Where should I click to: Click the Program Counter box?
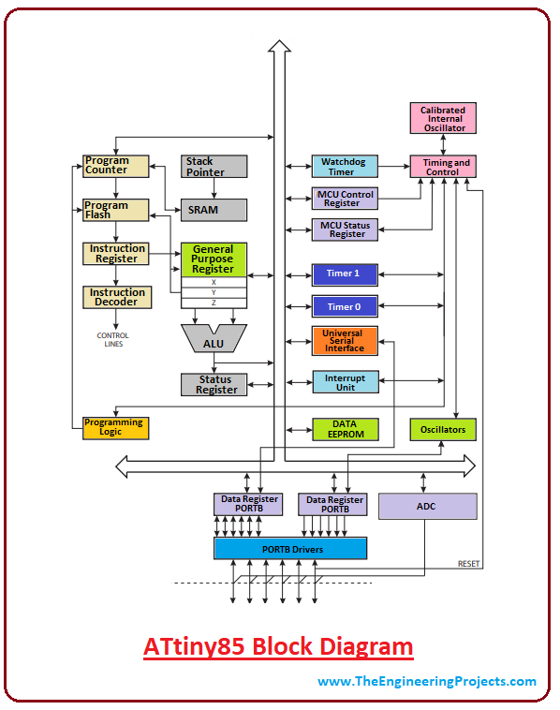116,166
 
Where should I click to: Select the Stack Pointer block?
214,166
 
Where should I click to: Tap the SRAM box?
214,210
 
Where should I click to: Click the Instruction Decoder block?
117,298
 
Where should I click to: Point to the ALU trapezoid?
214,338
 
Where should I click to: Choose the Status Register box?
214,385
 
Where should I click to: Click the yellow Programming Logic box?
116,428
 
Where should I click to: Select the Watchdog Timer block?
345,166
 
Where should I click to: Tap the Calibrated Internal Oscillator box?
443,118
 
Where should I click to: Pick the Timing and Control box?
443,166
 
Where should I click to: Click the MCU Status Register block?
345,229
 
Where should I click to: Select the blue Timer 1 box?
345,274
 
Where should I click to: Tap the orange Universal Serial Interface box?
345,341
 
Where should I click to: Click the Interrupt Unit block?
346,382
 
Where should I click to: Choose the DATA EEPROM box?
346,429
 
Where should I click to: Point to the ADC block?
428,506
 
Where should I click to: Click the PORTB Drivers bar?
290,548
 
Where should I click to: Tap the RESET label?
468,564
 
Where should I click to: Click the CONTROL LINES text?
113,340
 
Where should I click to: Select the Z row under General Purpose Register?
214,303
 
